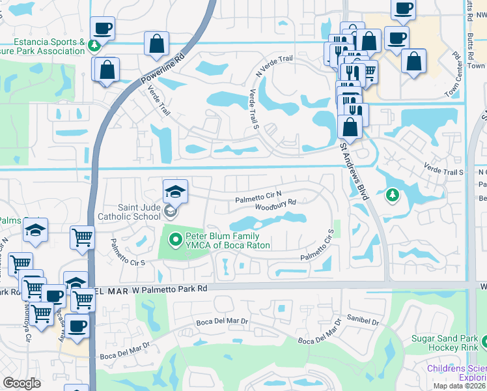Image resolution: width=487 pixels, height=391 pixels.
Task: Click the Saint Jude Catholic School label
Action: [128, 210]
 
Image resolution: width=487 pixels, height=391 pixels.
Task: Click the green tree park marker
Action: [392, 194]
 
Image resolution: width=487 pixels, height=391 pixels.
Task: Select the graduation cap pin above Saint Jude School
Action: [175, 192]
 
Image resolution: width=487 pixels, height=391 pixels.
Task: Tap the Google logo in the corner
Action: [21, 384]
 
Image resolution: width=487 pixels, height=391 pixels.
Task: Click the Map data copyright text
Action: [459, 386]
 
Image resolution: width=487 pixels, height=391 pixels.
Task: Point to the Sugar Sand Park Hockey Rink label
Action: [448, 343]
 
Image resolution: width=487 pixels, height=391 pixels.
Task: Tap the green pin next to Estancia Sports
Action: [95, 45]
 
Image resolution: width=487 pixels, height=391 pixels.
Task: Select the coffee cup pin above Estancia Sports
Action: [103, 29]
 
